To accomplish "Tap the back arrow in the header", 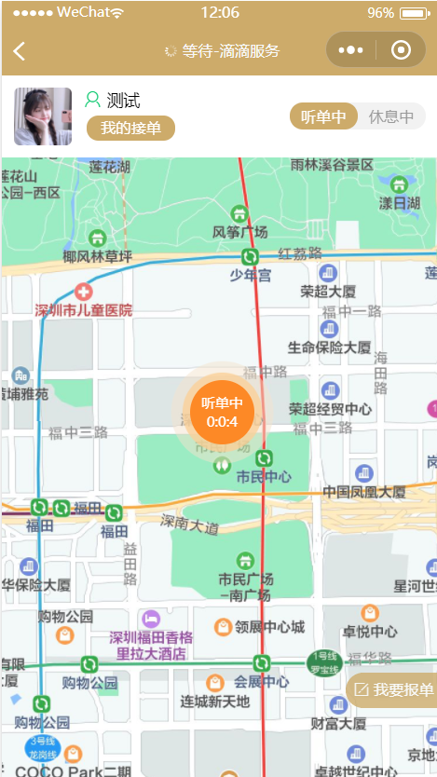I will pos(20,51).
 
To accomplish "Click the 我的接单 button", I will pos(130,128).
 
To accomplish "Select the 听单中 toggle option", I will pos(324,116).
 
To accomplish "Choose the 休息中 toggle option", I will pos(391,116).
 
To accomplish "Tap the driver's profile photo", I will pos(43,116).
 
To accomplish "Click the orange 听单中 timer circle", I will pos(222,412).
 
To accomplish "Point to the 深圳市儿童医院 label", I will pos(84,309).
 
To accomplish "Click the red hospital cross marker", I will pos(84,292).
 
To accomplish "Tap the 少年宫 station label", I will pos(250,275).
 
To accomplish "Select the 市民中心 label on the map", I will pos(264,477).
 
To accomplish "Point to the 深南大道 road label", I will pos(190,525).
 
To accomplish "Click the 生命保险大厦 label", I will pos(329,347).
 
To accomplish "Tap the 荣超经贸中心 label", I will pos(330,409).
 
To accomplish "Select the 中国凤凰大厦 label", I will pos(363,491).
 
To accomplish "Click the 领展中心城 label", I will pos(270,627).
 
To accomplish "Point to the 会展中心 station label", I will pos(262,681).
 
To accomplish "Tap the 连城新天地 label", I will pos(215,701).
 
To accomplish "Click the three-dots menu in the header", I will pos(350,50).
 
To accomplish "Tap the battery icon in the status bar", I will pos(414,14).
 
